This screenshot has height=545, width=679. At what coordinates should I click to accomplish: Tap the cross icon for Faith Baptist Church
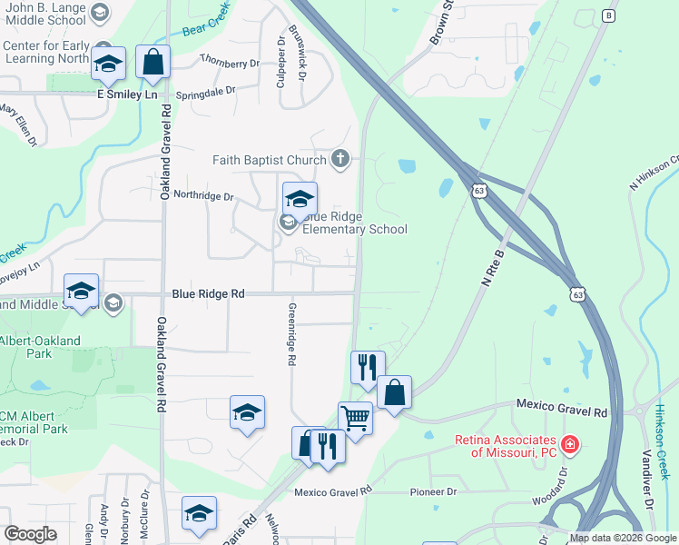pyautogui.click(x=340, y=161)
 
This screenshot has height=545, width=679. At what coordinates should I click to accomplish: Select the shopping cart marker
pyautogui.click(x=355, y=419)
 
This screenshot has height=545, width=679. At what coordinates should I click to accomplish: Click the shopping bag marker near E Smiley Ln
pyautogui.click(x=153, y=62)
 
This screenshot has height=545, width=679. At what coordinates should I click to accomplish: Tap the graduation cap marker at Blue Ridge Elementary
pyautogui.click(x=300, y=198)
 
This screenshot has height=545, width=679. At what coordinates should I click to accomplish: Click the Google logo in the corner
pyautogui.click(x=30, y=534)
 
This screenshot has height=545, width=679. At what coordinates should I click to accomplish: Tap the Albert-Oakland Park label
pyautogui.click(x=40, y=347)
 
